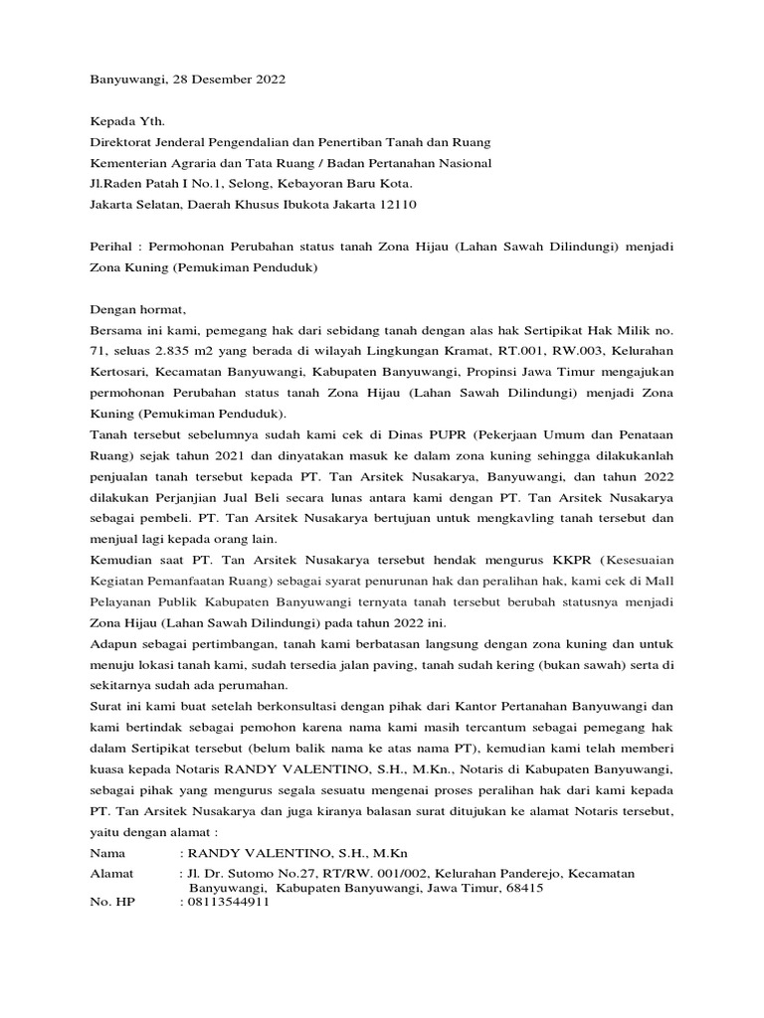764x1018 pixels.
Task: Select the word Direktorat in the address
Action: (x=123, y=143)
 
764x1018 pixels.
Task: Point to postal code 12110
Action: (x=396, y=205)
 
